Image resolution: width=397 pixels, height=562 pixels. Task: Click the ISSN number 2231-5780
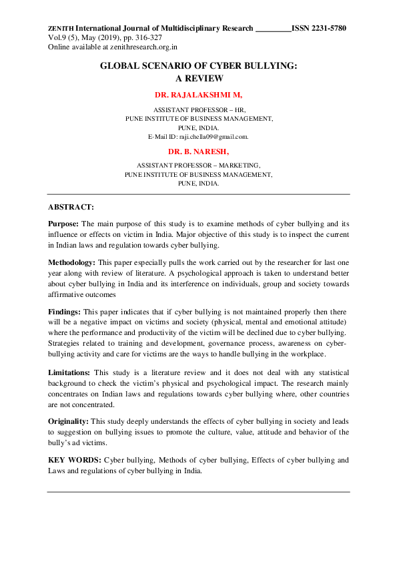(328, 29)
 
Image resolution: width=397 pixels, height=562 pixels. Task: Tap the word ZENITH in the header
(61, 29)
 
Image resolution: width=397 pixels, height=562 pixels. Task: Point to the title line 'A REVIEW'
(198, 77)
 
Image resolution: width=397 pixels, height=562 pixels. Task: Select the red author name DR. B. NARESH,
(198, 152)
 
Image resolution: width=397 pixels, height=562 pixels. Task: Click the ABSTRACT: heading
(71, 207)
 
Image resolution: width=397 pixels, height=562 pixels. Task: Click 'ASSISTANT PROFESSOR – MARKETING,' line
(198, 164)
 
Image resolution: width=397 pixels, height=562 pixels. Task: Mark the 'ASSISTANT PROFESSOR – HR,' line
(198, 108)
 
